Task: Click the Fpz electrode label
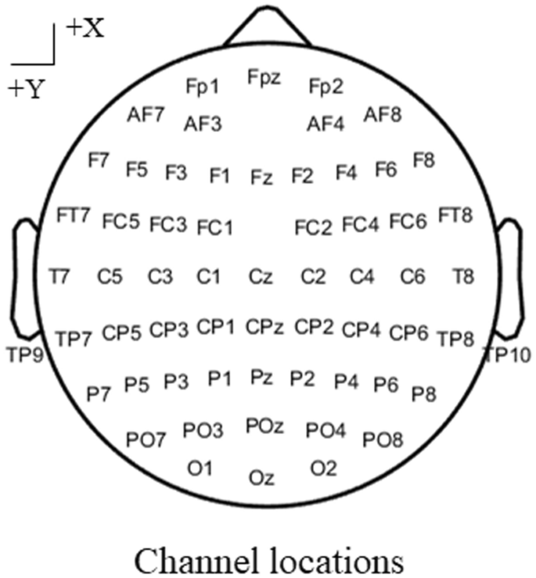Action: [264, 77]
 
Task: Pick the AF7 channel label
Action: [146, 113]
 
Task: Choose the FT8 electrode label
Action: [455, 214]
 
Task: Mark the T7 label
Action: [59, 276]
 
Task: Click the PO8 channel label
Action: [383, 440]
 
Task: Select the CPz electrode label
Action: [262, 324]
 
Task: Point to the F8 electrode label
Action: [424, 160]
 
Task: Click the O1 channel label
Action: [200, 468]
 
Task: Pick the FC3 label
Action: [168, 225]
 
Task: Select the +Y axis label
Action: [27, 88]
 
